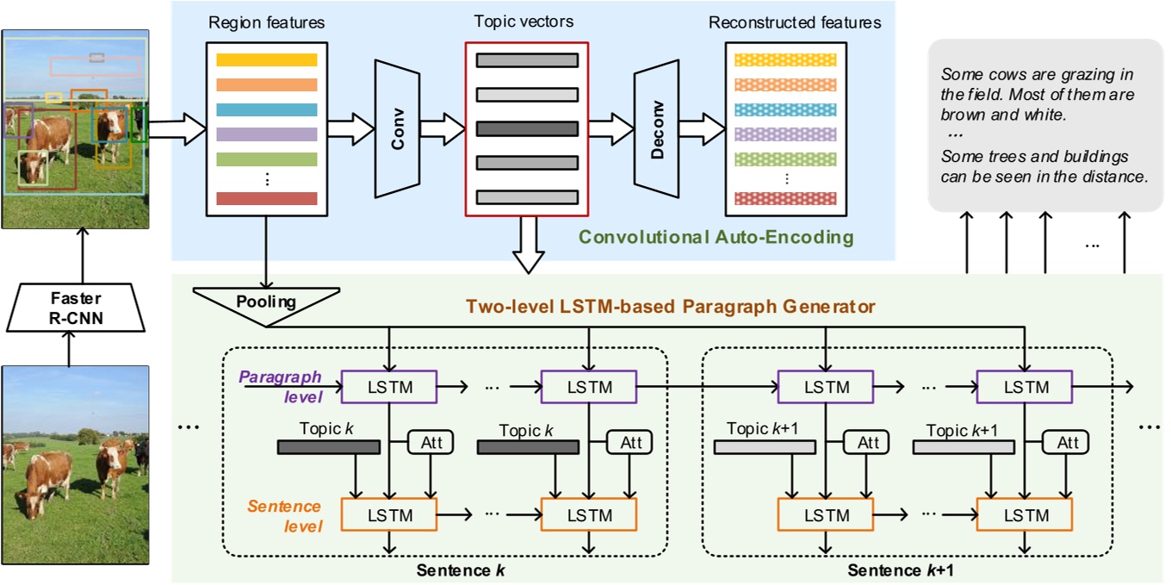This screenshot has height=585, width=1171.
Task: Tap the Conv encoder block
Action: (x=397, y=128)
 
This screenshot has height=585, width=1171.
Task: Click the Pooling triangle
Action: (x=265, y=303)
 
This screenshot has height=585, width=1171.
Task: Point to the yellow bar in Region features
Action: (x=267, y=61)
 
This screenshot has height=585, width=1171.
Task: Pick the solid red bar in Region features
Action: (x=267, y=199)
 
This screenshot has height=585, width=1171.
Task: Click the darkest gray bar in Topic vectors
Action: (x=527, y=129)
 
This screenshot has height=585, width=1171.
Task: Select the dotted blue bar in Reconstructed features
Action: (x=785, y=110)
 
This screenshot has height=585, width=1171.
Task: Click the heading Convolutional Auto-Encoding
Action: (x=716, y=236)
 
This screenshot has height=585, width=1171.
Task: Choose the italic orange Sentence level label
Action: (x=284, y=515)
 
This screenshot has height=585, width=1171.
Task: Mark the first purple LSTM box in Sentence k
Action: (x=390, y=387)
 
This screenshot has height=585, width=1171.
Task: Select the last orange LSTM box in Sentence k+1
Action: (x=1024, y=515)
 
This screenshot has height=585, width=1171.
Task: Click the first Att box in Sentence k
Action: (x=430, y=442)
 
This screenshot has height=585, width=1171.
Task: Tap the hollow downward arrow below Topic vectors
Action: (x=527, y=245)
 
